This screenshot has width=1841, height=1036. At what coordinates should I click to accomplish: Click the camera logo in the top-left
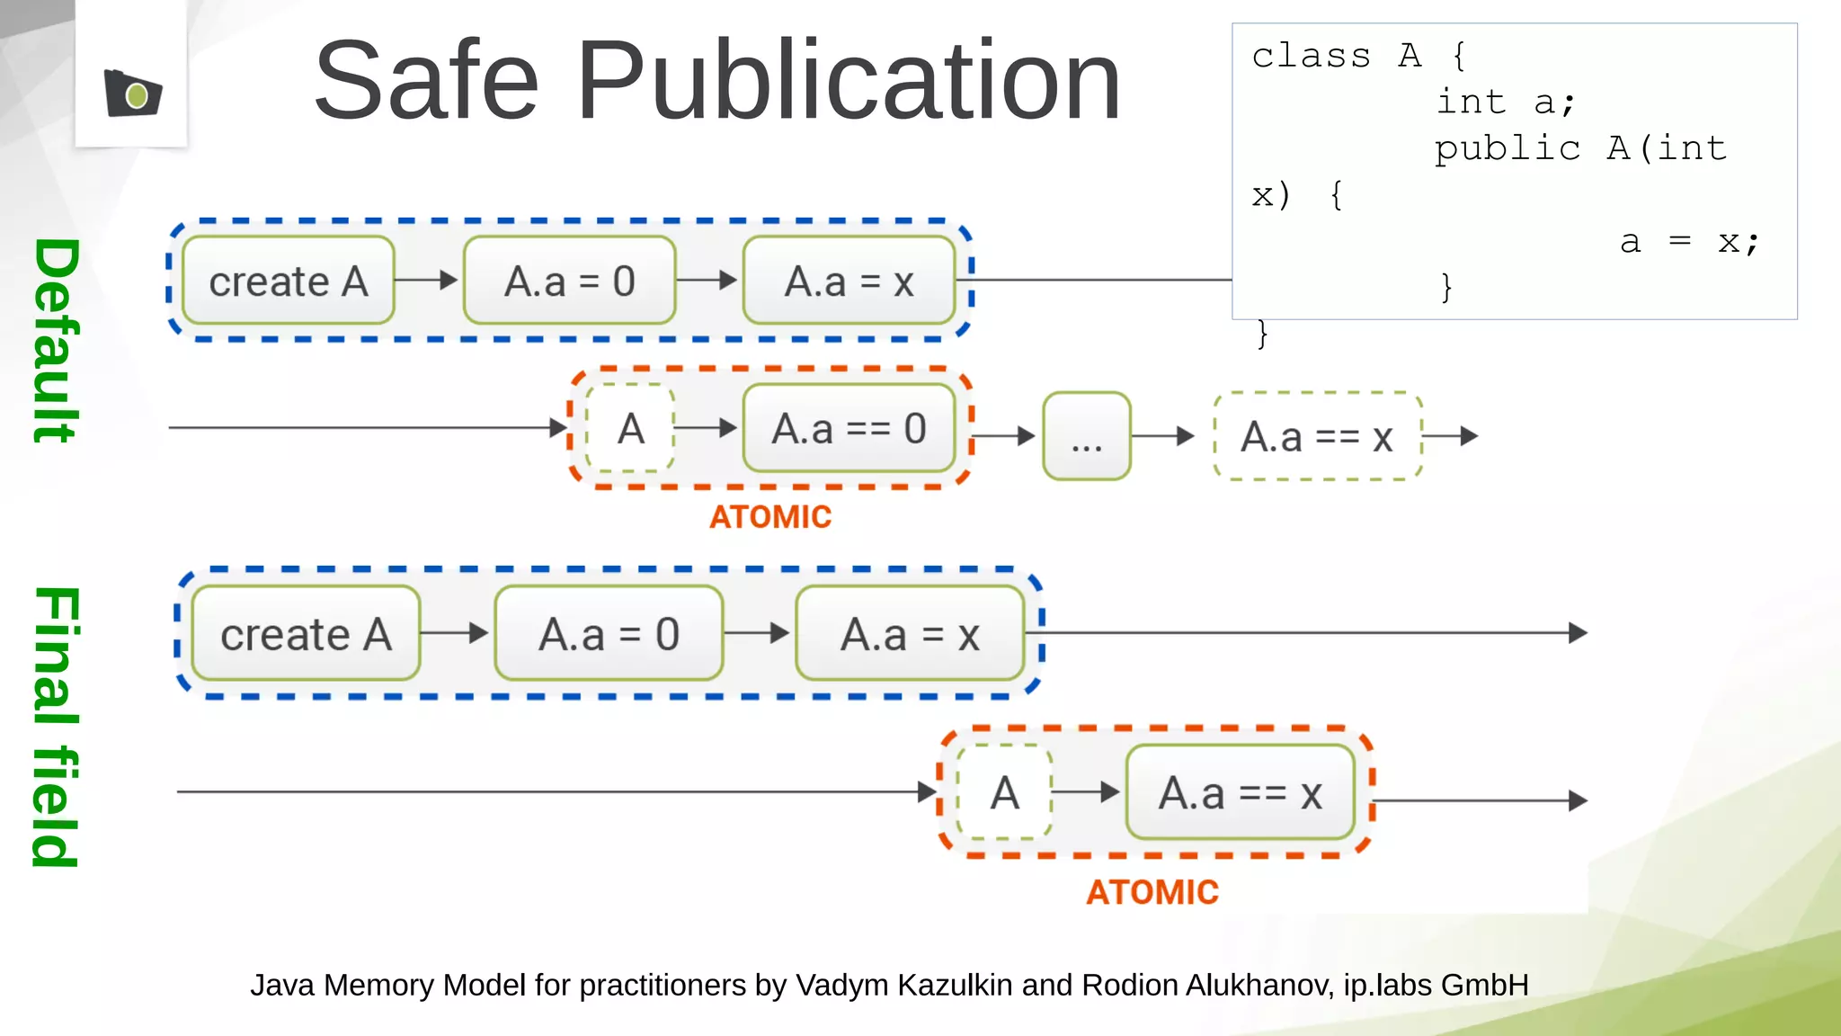pyautogui.click(x=133, y=94)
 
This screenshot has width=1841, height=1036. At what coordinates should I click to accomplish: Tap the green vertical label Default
pyautogui.click(x=57, y=341)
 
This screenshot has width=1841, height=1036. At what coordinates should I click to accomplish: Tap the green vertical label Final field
pyautogui.click(x=57, y=727)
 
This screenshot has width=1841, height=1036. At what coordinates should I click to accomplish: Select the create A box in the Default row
pyautogui.click(x=289, y=281)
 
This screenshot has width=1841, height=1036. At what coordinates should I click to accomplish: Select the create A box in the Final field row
pyautogui.click(x=306, y=634)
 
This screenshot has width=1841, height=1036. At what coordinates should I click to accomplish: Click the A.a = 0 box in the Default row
pyautogui.click(x=569, y=281)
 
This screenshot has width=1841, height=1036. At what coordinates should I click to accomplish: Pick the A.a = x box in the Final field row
pyautogui.click(x=910, y=634)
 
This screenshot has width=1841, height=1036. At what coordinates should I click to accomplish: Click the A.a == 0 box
pyautogui.click(x=849, y=429)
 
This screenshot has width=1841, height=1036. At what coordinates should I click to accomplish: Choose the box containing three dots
pyautogui.click(x=1086, y=437)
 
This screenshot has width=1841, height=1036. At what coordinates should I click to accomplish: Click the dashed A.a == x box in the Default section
pyautogui.click(x=1317, y=437)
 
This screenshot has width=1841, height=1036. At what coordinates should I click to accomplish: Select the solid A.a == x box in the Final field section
pyautogui.click(x=1240, y=793)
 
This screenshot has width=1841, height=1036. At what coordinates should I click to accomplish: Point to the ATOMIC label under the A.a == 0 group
pyautogui.click(x=770, y=517)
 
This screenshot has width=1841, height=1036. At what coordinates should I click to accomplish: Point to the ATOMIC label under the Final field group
pyautogui.click(x=1152, y=892)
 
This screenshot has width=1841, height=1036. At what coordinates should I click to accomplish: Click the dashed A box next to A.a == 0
pyautogui.click(x=630, y=429)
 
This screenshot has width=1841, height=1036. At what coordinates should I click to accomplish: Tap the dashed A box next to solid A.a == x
pyautogui.click(x=1004, y=793)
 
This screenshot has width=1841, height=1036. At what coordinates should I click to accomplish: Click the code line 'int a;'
pyautogui.click(x=1505, y=102)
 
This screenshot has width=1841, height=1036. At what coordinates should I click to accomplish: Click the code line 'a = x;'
pyautogui.click(x=1688, y=241)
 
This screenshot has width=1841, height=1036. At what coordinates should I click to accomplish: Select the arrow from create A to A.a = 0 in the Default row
pyautogui.click(x=427, y=281)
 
